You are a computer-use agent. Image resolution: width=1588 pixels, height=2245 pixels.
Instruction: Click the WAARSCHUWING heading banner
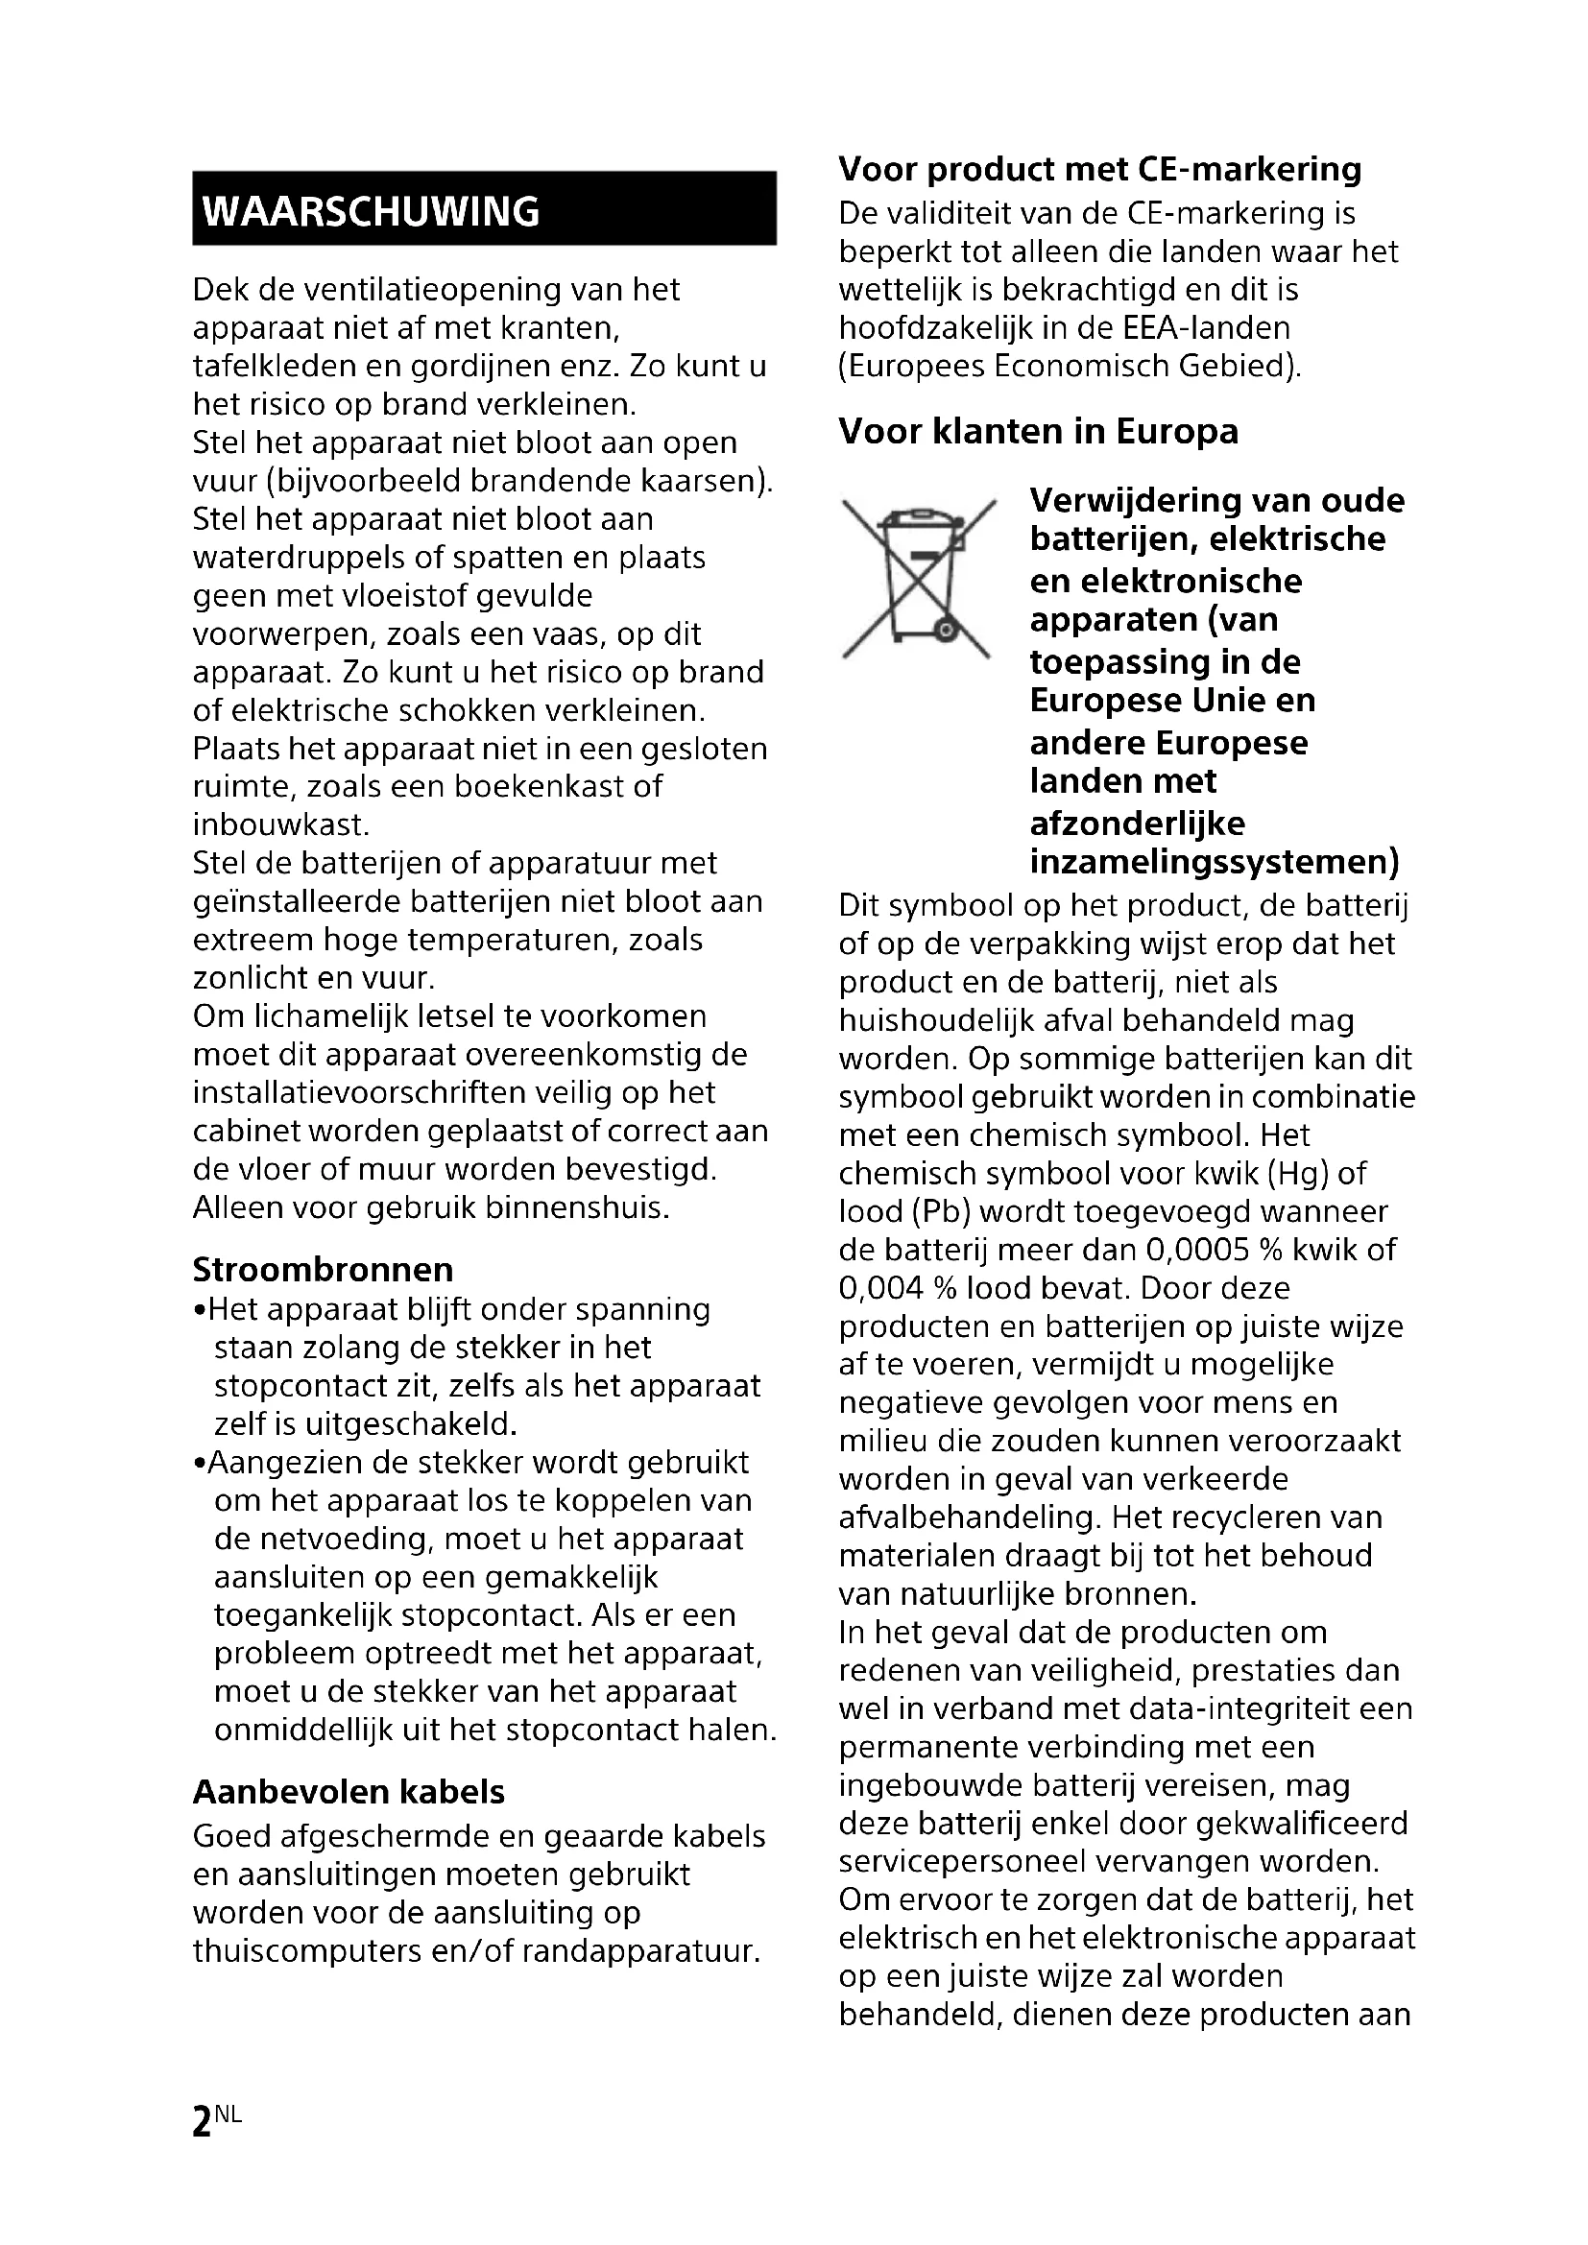tap(484, 208)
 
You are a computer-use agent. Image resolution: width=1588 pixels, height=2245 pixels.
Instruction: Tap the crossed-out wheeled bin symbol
tap(916, 579)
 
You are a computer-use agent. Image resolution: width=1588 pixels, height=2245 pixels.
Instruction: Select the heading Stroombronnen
tap(323, 1269)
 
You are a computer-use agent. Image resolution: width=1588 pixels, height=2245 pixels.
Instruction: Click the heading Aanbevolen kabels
tap(349, 1791)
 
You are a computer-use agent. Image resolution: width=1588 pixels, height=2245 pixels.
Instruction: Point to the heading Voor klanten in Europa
tap(1038, 431)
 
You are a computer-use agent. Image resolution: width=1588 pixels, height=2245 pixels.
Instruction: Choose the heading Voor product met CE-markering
tap(1099, 169)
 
